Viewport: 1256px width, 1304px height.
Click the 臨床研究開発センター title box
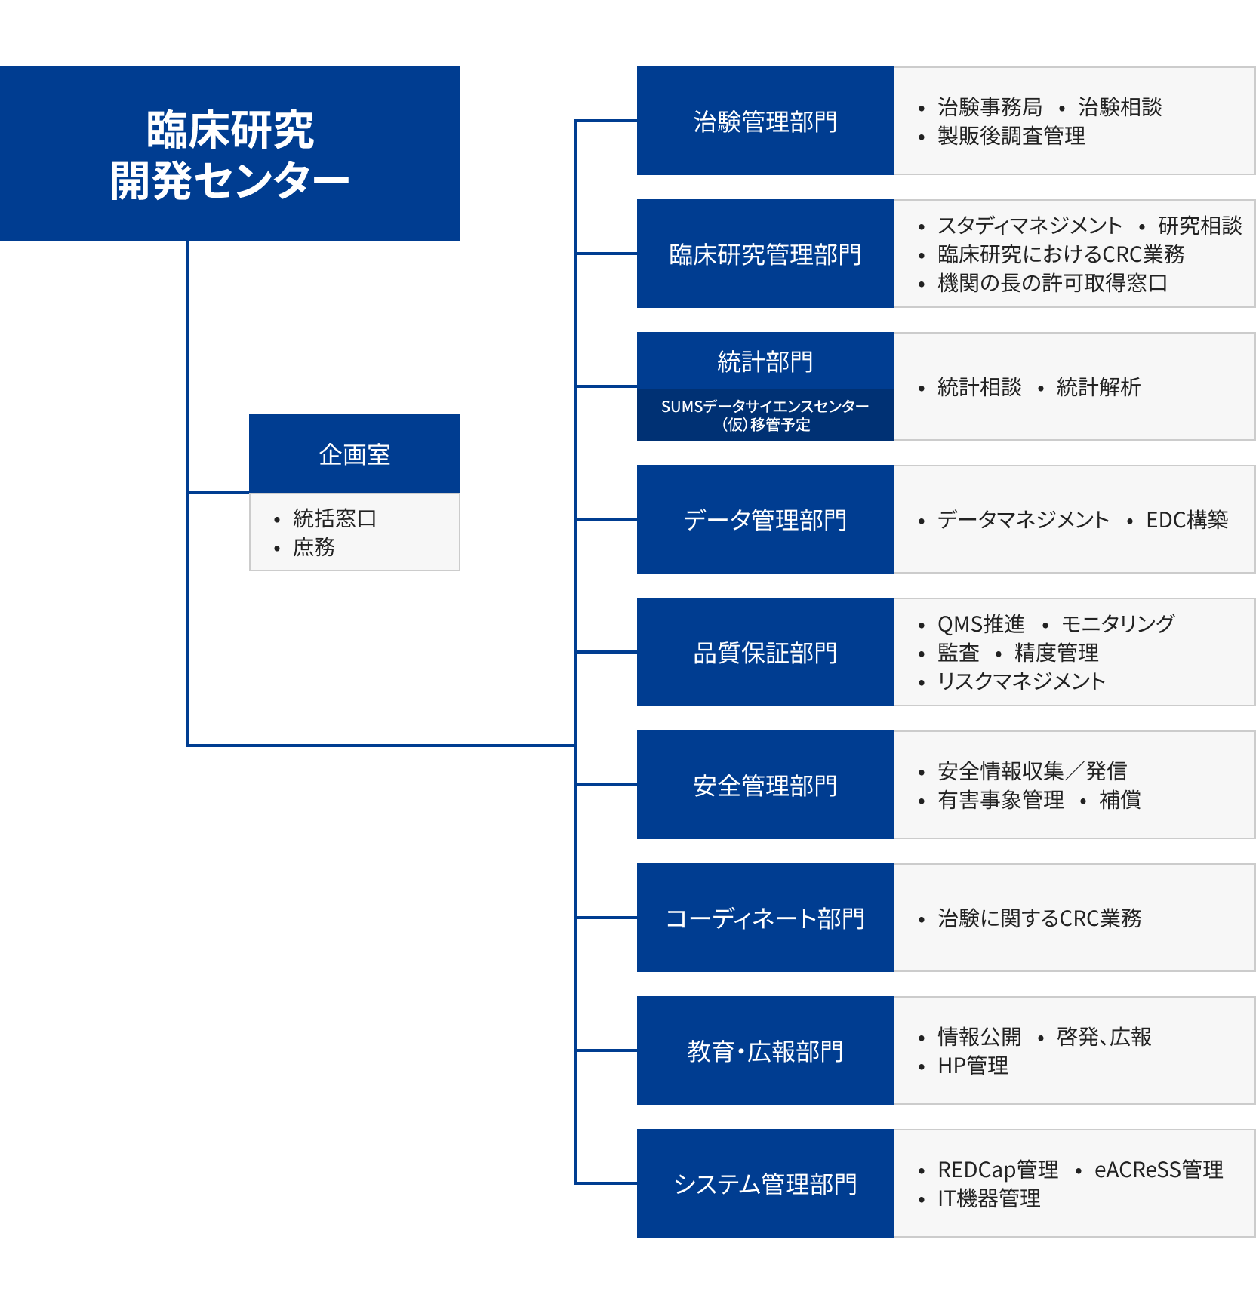pos(229,154)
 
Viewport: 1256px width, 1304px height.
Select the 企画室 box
pos(354,454)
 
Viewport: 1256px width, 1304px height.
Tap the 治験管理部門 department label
pos(765,121)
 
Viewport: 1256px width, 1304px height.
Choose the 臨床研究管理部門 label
pos(765,254)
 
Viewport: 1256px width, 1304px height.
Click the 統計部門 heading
pos(765,361)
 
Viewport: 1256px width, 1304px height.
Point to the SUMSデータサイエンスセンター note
pos(765,415)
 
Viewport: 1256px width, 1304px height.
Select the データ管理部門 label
pos(765,520)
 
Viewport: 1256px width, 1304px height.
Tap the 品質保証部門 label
pos(765,653)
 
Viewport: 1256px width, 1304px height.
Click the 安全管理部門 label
pos(765,786)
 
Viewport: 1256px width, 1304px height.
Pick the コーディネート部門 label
pos(765,918)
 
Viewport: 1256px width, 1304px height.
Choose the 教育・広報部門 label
pos(765,1051)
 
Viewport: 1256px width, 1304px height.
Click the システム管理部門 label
pos(765,1184)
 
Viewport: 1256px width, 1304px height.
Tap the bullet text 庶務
pos(313,547)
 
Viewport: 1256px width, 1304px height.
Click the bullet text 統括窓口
pos(334,518)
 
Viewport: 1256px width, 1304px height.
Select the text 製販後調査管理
pos(1011,136)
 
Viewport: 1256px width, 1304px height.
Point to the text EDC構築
pos(1187,520)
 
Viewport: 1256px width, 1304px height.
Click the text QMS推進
pos(980,624)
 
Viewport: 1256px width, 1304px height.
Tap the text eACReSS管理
pos(1159,1170)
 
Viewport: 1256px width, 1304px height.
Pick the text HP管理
pos(972,1066)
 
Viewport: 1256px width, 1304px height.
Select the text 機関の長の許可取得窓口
pos(1052,283)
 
